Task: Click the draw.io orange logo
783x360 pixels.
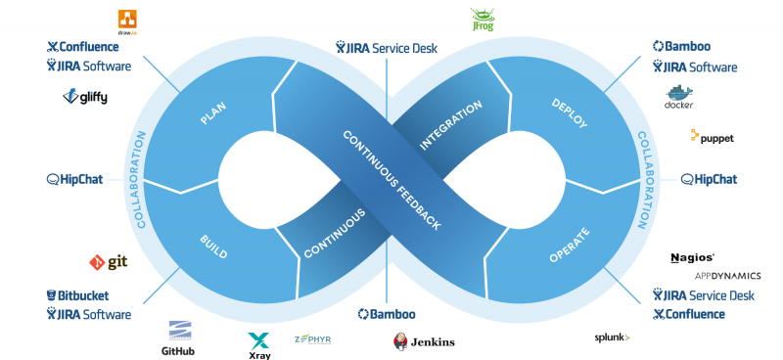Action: (x=127, y=19)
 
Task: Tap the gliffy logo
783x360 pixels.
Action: (x=85, y=96)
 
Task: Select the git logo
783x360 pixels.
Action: (x=109, y=262)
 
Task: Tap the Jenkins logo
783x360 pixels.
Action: (x=423, y=341)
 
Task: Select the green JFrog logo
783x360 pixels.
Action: (x=484, y=20)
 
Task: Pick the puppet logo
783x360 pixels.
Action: (x=712, y=138)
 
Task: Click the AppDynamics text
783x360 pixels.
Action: (x=720, y=276)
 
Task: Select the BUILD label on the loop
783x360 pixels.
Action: (x=212, y=247)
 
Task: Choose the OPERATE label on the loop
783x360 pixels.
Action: (x=569, y=246)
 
